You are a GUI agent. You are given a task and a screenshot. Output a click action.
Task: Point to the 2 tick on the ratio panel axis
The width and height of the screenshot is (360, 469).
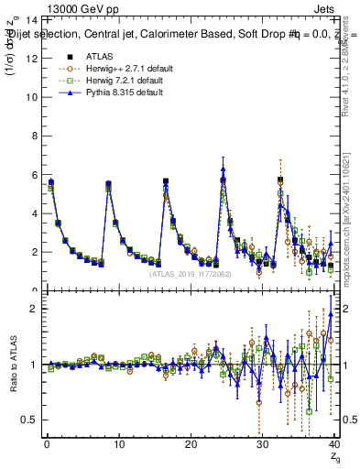coord(34,309)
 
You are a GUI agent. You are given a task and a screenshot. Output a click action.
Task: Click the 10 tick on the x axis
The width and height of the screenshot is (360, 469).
coord(118,445)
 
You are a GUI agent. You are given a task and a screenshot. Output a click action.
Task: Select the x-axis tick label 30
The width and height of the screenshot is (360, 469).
coord(262,445)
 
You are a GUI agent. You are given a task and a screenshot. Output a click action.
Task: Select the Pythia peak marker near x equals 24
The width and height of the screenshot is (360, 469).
coord(224,169)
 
